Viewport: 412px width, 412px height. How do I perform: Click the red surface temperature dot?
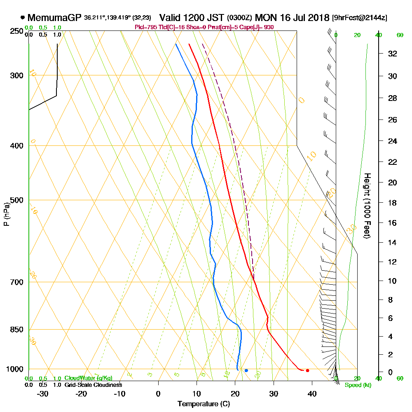coord(307,370)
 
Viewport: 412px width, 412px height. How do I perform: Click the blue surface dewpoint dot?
coord(246,370)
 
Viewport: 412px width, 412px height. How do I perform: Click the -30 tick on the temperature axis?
coord(43,393)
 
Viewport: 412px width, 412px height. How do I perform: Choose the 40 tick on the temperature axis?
coord(312,393)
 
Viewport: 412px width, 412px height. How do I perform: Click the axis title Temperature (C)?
coord(204,404)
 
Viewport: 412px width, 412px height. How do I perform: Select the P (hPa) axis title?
coord(6,214)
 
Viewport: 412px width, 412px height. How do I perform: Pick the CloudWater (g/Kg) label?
coord(88,378)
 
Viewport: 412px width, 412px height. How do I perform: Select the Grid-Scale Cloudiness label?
coord(93,385)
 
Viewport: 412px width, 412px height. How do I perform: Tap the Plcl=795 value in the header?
coord(144,27)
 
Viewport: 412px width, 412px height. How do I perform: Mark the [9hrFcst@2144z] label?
coord(360,18)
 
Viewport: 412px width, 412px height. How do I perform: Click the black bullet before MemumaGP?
coord(22,18)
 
